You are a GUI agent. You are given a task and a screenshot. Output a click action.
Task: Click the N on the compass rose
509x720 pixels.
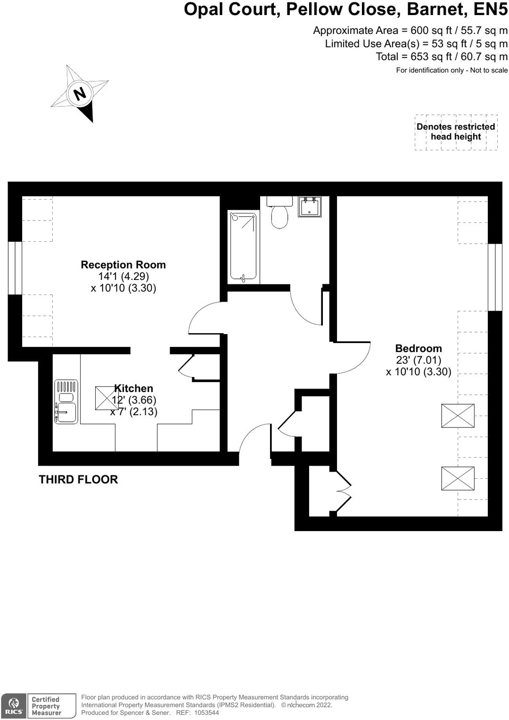pos(80,93)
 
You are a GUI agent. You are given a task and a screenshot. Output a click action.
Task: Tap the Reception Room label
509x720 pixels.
pos(123,265)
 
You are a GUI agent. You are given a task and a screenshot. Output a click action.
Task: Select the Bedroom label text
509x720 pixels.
pos(418,349)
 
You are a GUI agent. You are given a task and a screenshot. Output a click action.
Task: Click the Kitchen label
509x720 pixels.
pos(134,388)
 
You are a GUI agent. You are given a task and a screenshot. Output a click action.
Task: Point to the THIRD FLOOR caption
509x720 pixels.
pos(78,480)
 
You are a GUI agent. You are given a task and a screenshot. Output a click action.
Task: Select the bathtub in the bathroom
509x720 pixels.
pos(243,247)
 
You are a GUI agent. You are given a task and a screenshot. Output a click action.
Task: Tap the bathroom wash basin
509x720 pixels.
pos(310,206)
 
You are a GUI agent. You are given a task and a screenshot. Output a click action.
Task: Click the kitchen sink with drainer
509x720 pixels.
pos(66,401)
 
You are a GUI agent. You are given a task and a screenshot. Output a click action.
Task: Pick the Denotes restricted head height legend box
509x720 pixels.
pos(456,132)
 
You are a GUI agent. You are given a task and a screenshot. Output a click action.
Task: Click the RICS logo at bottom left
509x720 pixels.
pos(14,706)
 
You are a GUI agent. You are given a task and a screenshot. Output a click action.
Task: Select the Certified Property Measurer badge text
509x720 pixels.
pos(46,706)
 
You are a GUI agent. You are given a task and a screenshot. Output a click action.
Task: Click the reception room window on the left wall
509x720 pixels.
pos(15,268)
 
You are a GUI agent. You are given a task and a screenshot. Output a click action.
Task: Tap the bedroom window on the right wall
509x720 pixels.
pos(495,277)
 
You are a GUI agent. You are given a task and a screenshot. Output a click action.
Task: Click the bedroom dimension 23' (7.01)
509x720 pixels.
pos(418,360)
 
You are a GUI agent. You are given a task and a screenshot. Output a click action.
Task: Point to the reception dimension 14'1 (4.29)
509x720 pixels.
pos(123,277)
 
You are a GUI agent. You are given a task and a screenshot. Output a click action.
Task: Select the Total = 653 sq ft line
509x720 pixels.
pos(441,57)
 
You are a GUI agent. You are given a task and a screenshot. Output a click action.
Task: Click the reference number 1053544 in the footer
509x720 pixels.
pos(206,713)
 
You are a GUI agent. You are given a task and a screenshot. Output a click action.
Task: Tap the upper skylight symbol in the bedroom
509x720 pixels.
pos(458,416)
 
